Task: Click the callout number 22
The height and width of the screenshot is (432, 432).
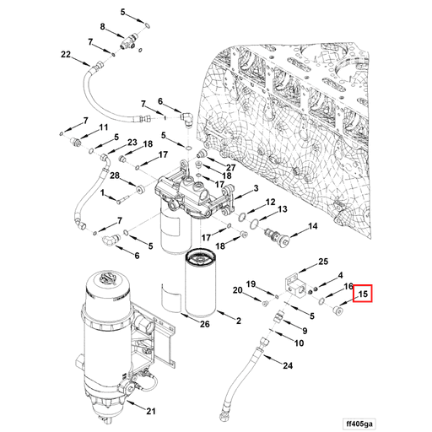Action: (65, 55)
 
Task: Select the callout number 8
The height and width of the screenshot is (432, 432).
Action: (103, 28)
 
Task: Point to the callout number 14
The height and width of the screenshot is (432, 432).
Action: (313, 226)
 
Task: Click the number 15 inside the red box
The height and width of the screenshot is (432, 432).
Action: (364, 294)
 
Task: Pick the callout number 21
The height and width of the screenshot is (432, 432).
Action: (150, 412)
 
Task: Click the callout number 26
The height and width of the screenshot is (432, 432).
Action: (204, 323)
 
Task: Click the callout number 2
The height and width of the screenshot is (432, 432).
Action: (238, 321)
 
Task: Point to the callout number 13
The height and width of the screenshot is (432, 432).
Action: (282, 208)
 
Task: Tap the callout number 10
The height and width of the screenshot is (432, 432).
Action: (299, 343)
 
